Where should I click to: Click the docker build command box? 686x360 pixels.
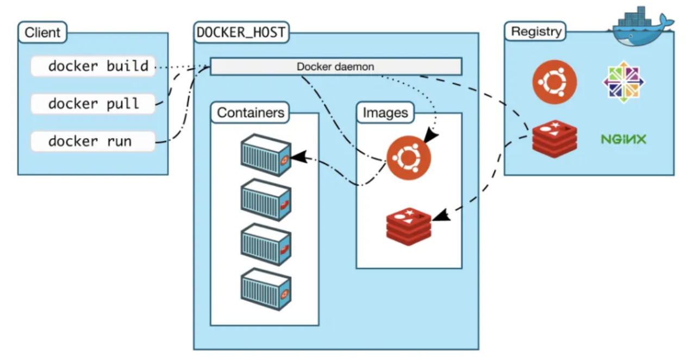point(93,66)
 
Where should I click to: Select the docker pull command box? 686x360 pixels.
point(93,103)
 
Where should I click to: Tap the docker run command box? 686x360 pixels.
point(93,141)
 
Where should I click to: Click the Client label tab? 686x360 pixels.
point(42,33)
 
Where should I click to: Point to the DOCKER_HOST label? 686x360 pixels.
point(241,32)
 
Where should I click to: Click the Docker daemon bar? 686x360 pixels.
point(335,66)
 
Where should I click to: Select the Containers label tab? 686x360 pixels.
point(250,113)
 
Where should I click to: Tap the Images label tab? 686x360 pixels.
point(385,113)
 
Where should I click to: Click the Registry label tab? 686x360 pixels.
point(536,32)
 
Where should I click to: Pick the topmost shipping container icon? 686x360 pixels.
point(265,154)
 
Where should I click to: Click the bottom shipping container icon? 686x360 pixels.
point(265,289)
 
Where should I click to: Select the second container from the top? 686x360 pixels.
point(265,199)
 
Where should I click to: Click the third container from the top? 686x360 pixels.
point(265,244)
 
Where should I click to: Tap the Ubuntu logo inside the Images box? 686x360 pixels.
point(409,158)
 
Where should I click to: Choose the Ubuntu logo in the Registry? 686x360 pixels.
point(554,82)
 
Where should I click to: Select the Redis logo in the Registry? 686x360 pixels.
point(554,139)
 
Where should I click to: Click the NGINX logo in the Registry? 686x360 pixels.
point(623,139)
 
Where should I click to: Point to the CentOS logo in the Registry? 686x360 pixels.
point(623,82)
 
